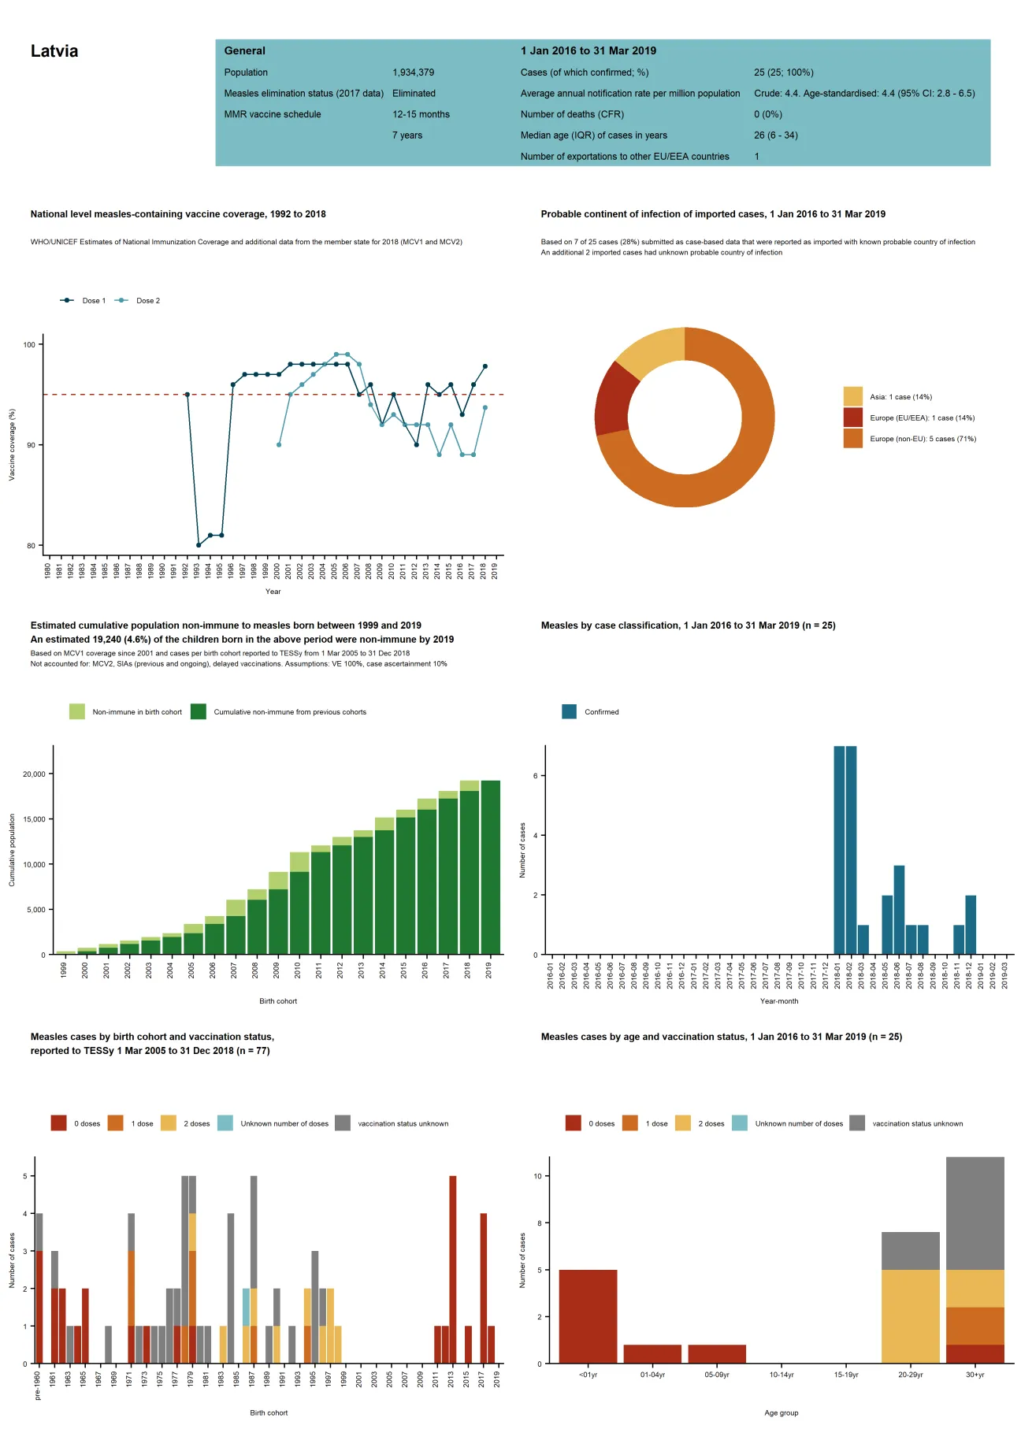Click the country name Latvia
pyautogui.click(x=54, y=51)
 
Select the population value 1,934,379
pyautogui.click(x=413, y=72)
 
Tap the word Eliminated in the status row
pyautogui.click(x=414, y=93)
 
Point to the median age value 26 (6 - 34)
pyautogui.click(x=775, y=135)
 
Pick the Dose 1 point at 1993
pyautogui.click(x=199, y=545)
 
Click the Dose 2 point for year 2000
pyautogui.click(x=279, y=445)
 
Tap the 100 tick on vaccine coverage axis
pyautogui.click(x=29, y=345)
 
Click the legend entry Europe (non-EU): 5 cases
pyautogui.click(x=922, y=440)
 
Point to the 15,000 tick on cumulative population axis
pyautogui.click(x=34, y=819)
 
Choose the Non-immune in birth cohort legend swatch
pyautogui.click(x=76, y=712)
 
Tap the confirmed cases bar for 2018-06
pyautogui.click(x=899, y=910)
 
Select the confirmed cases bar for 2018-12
pyautogui.click(x=971, y=925)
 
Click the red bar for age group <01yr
pyautogui.click(x=588, y=1316)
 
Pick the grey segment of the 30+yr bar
pyautogui.click(x=975, y=1213)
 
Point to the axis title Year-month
pyautogui.click(x=778, y=1001)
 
